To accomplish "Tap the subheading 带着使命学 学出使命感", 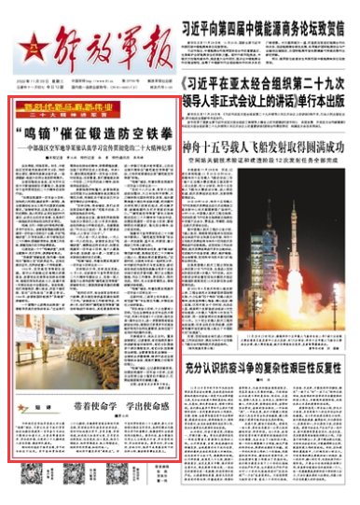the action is pos(120,408).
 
